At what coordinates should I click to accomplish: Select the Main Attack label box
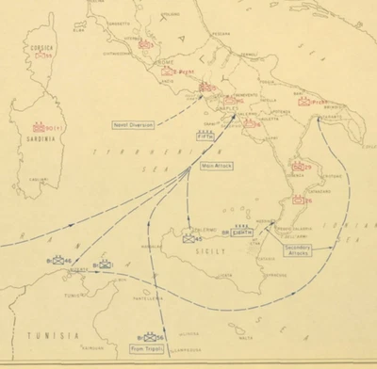click(x=215, y=165)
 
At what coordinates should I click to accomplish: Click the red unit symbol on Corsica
click(x=41, y=56)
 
